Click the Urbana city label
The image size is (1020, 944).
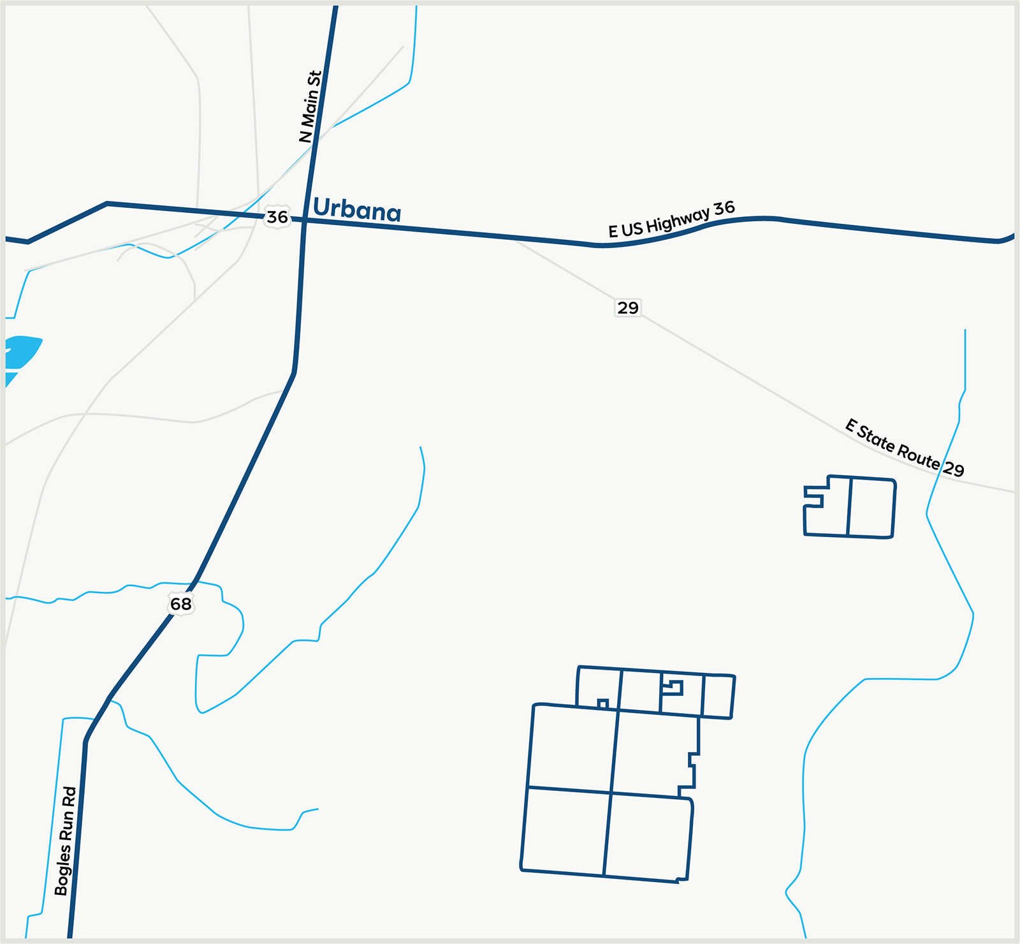[x=357, y=210]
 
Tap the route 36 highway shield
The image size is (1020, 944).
[x=277, y=218]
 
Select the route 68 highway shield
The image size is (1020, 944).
[x=181, y=604]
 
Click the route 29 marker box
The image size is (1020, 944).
[x=628, y=308]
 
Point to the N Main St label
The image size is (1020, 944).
[x=310, y=107]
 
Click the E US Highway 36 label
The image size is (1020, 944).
[x=671, y=219]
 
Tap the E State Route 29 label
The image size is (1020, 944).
[x=904, y=448]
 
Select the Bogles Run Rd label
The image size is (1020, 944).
[x=65, y=841]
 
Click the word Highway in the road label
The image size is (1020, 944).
[x=677, y=220]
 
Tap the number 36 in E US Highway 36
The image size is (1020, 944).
[x=724, y=208]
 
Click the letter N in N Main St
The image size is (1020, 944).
[x=305, y=136]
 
